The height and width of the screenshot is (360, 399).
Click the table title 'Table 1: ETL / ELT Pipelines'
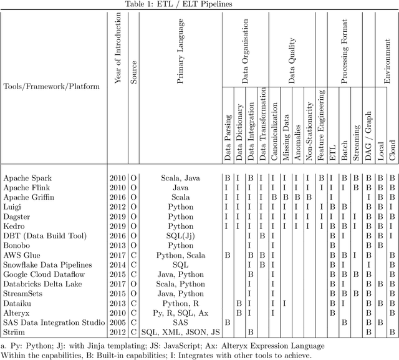199,4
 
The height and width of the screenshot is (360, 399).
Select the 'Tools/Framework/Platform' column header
51,86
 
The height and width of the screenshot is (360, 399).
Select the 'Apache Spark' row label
27,178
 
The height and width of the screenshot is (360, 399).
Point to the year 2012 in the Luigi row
118,207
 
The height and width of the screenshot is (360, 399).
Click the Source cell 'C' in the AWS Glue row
133,255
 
